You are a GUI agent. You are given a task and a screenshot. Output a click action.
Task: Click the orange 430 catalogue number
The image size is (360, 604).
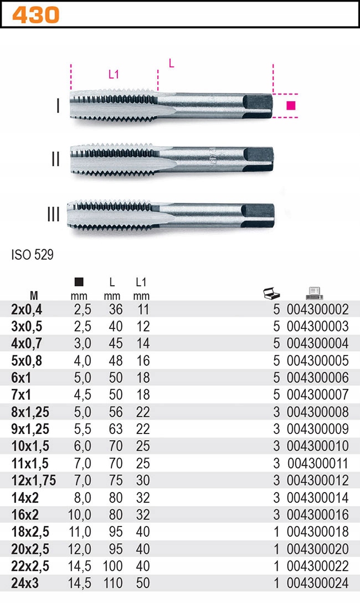coord(35,15)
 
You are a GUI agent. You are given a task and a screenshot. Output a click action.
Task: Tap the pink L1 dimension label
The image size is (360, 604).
coord(114,74)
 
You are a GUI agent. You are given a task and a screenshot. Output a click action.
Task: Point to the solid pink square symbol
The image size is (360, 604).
coord(291,105)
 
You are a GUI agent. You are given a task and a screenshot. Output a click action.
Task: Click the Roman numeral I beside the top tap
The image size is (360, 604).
coord(58,106)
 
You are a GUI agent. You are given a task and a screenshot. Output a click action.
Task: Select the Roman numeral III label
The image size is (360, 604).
coord(54,214)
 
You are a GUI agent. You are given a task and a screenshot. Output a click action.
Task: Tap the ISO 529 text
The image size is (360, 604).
coord(32,255)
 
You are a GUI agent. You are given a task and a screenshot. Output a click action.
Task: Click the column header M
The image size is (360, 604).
coord(34,296)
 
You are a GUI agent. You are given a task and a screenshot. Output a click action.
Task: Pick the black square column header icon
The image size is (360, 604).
coord(79,282)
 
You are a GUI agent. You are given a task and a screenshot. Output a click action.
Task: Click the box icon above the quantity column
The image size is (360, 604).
coord(271,293)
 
